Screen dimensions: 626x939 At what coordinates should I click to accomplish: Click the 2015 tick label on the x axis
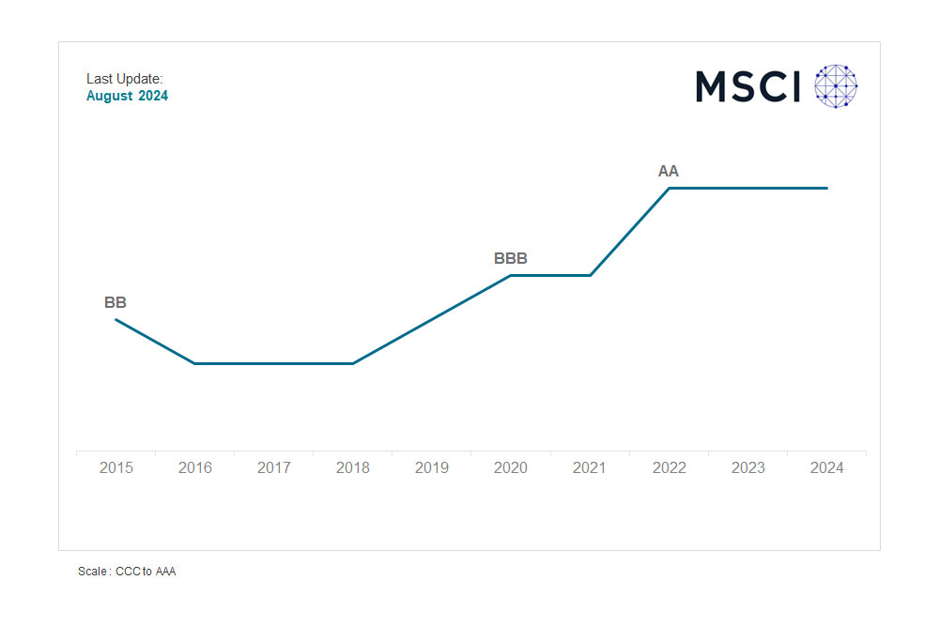[x=115, y=467]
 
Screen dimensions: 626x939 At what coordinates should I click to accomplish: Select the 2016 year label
[x=195, y=467]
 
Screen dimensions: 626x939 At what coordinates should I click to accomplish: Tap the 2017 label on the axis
[x=274, y=467]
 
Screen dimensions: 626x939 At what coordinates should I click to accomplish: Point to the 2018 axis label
[x=353, y=467]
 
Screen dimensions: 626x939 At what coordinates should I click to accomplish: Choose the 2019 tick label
[x=432, y=467]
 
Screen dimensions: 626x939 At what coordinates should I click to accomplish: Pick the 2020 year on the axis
[x=511, y=467]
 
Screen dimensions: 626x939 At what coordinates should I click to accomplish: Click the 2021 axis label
[x=590, y=467]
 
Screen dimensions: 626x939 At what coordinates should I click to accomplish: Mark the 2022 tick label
[x=669, y=467]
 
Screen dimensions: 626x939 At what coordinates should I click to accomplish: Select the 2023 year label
[x=747, y=467]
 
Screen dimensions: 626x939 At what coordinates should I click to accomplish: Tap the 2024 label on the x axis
[x=826, y=467]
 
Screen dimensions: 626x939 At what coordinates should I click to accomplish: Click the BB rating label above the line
[x=115, y=303]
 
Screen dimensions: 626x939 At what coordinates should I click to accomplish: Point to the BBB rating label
[x=511, y=259]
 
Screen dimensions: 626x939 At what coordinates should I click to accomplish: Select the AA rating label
[x=669, y=172]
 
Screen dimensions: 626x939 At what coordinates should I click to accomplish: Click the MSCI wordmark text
[x=747, y=86]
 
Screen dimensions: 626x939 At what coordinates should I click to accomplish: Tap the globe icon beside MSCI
[x=836, y=86]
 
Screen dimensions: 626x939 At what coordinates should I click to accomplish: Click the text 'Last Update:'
[x=125, y=79]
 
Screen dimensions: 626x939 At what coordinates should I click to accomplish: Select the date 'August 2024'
[x=128, y=96]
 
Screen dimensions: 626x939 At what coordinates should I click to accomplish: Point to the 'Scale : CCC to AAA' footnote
[x=127, y=572]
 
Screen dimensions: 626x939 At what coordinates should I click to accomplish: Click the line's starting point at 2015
[x=115, y=320]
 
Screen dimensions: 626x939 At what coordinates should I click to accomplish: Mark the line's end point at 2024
[x=827, y=188]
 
